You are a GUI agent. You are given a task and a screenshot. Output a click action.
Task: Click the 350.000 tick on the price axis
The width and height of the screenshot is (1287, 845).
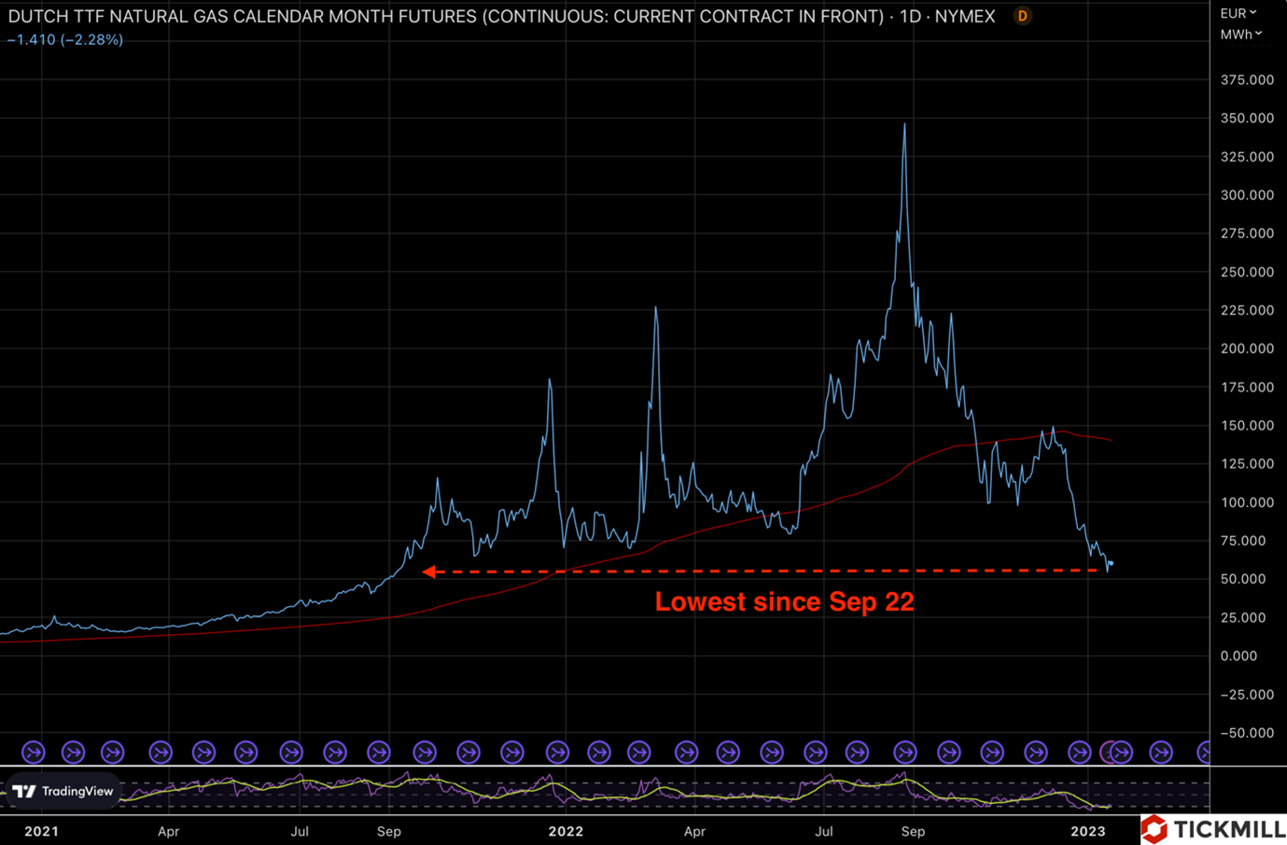pyautogui.click(x=1247, y=119)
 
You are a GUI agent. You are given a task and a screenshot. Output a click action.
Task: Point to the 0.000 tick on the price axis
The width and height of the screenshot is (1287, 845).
pyautogui.click(x=1238, y=655)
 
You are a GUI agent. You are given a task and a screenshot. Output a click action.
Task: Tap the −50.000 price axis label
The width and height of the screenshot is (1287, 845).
pyautogui.click(x=1247, y=733)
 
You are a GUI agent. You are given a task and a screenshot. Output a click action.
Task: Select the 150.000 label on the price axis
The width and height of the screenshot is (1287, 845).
pyautogui.click(x=1247, y=426)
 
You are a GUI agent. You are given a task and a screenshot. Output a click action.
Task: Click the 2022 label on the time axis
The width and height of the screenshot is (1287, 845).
pyautogui.click(x=566, y=831)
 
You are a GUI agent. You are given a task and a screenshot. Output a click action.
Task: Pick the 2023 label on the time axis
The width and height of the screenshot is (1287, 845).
pyautogui.click(x=1088, y=831)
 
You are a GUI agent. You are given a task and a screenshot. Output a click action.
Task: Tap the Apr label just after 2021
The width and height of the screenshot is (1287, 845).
pyautogui.click(x=168, y=831)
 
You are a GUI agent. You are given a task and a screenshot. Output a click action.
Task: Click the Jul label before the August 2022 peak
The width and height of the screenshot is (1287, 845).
pyautogui.click(x=824, y=831)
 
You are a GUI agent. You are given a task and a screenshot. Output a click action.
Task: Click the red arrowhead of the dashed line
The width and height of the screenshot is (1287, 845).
pyautogui.click(x=428, y=571)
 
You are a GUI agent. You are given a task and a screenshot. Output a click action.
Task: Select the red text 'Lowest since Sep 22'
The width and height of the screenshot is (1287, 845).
pyautogui.click(x=784, y=602)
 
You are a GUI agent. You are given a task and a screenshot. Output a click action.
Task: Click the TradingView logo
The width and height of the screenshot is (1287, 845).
pyautogui.click(x=63, y=792)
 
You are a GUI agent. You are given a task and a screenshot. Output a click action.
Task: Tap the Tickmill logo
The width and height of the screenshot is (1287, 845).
pyautogui.click(x=1213, y=829)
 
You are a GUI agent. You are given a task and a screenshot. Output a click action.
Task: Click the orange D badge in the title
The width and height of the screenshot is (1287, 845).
pyautogui.click(x=1023, y=16)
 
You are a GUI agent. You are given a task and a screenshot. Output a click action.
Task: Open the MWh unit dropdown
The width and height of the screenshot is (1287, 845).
pyautogui.click(x=1241, y=35)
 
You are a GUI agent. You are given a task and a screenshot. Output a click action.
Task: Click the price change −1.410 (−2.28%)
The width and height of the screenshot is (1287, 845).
pyautogui.click(x=65, y=39)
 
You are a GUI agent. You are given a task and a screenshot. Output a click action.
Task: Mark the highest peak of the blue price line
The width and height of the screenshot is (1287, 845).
pyautogui.click(x=905, y=123)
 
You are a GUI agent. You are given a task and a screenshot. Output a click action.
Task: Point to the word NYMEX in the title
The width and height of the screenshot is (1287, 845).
pyautogui.click(x=965, y=16)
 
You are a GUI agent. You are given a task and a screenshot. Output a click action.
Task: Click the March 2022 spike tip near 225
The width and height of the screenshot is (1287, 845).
pyautogui.click(x=655, y=307)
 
